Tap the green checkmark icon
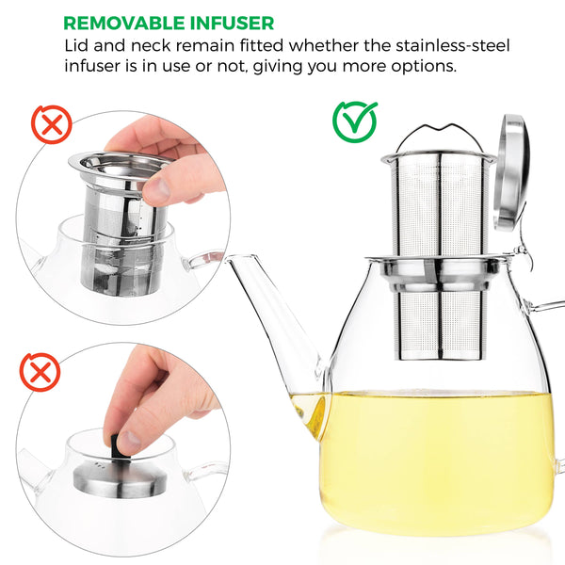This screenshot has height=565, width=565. [355, 121]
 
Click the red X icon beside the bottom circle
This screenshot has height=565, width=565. [40, 372]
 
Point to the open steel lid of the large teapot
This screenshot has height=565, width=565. [513, 169]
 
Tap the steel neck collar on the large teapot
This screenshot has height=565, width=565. [440, 273]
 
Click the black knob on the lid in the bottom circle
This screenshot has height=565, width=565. [123, 450]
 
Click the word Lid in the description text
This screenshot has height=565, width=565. [78, 46]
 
